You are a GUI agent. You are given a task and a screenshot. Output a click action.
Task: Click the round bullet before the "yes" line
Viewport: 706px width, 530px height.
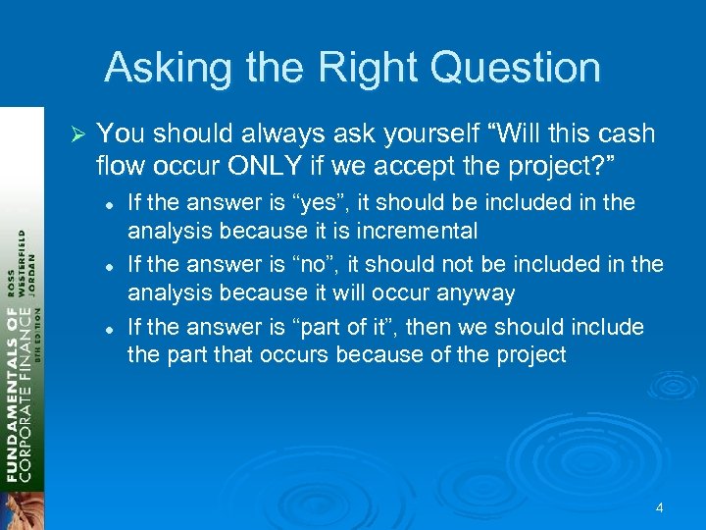pyautogui.click(x=111, y=204)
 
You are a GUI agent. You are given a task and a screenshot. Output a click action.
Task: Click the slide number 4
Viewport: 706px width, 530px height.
pyautogui.click(x=660, y=507)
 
